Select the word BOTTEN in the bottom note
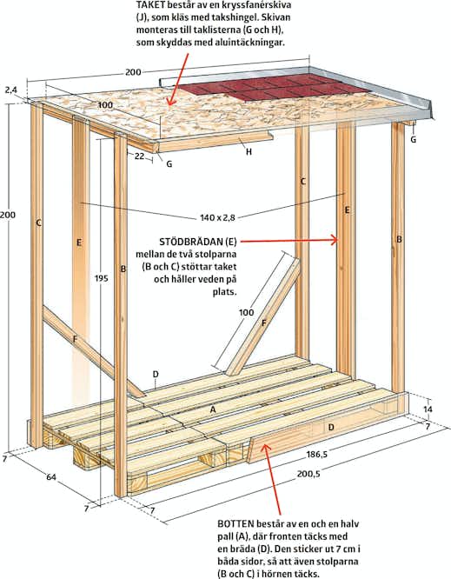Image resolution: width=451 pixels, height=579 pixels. pyautogui.click(x=235, y=523)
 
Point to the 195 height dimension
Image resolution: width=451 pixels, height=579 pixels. pyautogui.click(x=101, y=278)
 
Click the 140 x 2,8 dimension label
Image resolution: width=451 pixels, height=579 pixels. pyautogui.click(x=217, y=217)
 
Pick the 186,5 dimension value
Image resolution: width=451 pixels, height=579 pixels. pyautogui.click(x=316, y=454)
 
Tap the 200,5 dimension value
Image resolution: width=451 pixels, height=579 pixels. pyautogui.click(x=308, y=474)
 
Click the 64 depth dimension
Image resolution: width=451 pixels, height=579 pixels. pyautogui.click(x=51, y=477)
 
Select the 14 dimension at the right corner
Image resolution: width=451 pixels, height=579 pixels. pyautogui.click(x=428, y=409)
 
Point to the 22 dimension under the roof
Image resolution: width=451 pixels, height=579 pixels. pyautogui.click(x=139, y=156)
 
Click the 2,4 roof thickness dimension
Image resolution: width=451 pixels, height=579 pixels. pyautogui.click(x=11, y=90)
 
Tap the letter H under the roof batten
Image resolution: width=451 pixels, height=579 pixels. pyautogui.click(x=249, y=151)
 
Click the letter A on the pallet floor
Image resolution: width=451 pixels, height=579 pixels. pyautogui.click(x=213, y=409)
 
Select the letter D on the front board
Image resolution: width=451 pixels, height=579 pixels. pyautogui.click(x=331, y=427)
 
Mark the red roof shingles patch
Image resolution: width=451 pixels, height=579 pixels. pyautogui.click(x=274, y=88)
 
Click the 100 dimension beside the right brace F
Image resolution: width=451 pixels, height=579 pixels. pyautogui.click(x=246, y=312)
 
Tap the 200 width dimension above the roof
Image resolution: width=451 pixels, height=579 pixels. pyautogui.click(x=133, y=72)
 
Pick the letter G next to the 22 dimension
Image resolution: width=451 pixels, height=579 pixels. pyautogui.click(x=169, y=164)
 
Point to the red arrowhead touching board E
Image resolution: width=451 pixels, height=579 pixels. pyautogui.click(x=335, y=241)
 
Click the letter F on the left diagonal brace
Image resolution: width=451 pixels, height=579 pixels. pyautogui.click(x=75, y=339)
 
